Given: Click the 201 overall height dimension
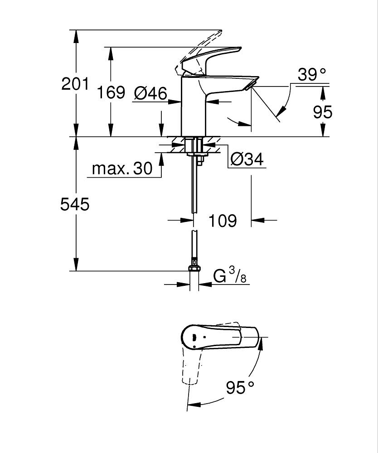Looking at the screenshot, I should [x=75, y=84].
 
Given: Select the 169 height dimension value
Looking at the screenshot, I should [x=111, y=92].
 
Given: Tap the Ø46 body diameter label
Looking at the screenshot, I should [x=150, y=93].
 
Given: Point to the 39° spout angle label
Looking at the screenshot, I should [x=312, y=75].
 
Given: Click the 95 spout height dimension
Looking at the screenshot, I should [x=323, y=112].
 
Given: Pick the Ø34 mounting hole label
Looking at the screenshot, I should [x=247, y=159].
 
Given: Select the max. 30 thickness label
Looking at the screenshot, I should [x=122, y=169].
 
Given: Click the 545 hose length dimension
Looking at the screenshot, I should [x=75, y=205].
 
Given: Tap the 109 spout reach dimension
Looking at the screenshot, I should [x=223, y=221].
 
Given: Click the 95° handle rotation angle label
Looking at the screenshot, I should [x=240, y=388].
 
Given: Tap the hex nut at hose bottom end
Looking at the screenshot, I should [x=194, y=269].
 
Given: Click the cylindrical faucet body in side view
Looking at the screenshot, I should [x=193, y=109].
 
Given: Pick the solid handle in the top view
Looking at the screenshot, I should [x=218, y=337].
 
